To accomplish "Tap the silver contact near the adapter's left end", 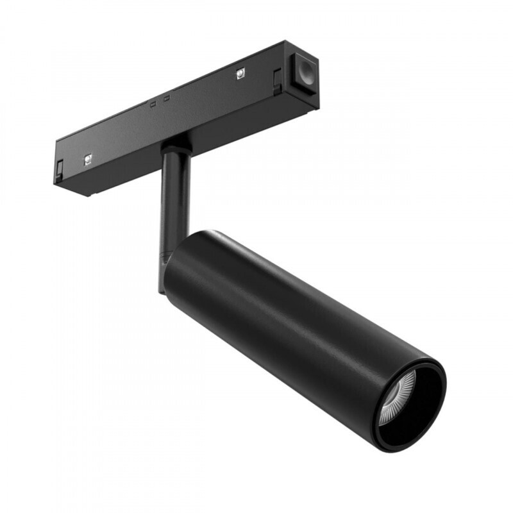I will click(87, 160).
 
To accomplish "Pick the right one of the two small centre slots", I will click(166, 98).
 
